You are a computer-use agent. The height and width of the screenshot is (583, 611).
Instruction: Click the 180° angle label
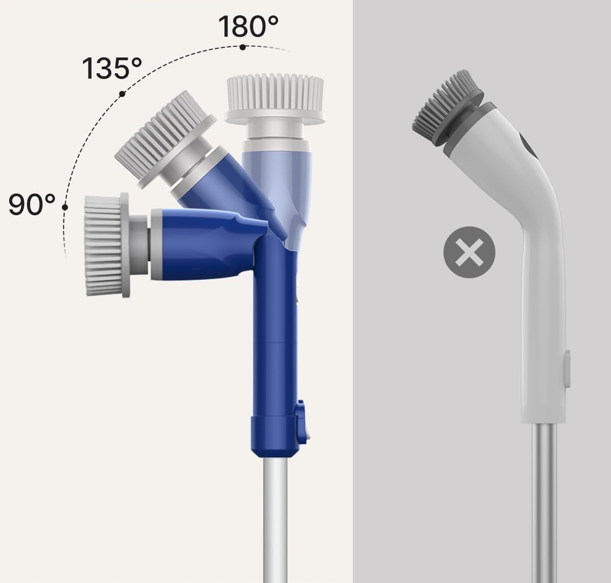click(248, 26)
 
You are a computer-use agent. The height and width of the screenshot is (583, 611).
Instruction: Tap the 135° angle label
click(112, 68)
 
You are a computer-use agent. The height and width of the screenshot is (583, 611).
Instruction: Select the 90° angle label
click(32, 205)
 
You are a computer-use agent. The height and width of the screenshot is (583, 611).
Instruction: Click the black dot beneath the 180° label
click(243, 47)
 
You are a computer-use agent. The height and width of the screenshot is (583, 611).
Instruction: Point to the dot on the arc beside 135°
click(122, 94)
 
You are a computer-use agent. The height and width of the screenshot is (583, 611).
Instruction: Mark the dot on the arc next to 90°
click(65, 208)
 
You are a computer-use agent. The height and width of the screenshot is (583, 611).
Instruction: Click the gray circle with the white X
click(469, 252)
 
